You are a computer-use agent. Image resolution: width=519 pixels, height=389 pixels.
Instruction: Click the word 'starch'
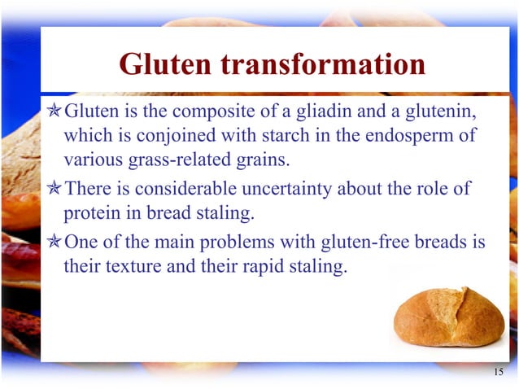tap(281, 133)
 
